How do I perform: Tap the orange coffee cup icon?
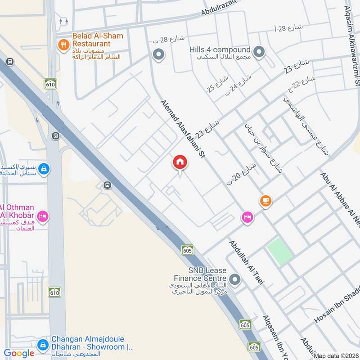pos(265,201)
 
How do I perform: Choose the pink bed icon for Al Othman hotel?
pos(43,216)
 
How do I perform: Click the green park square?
pos(280,251)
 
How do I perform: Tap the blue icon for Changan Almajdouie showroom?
pos(43,345)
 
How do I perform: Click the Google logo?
pos(19,354)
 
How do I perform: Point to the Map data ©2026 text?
pos(336,356)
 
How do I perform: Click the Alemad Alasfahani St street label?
pos(183,129)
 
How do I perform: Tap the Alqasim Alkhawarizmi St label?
pos(352,47)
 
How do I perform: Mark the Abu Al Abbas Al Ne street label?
pos(341,198)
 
